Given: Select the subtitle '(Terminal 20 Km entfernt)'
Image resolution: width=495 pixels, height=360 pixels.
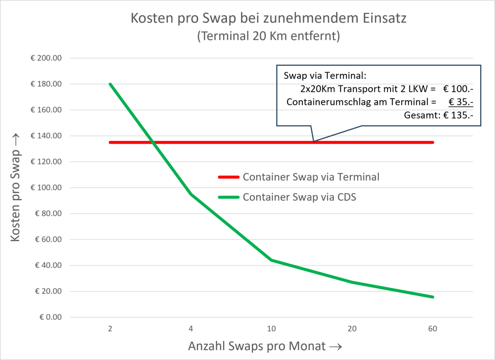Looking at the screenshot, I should [x=269, y=36].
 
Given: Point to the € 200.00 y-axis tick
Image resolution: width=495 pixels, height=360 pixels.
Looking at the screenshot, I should [x=46, y=58].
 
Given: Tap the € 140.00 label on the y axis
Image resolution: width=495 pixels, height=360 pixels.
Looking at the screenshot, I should [x=46, y=136].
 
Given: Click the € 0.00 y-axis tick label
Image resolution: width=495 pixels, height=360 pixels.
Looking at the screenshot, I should [x=49, y=317].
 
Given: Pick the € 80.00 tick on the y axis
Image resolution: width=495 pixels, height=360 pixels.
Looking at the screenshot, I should [x=47, y=213].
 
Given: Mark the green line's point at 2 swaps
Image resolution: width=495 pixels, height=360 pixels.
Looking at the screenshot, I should [x=110, y=84].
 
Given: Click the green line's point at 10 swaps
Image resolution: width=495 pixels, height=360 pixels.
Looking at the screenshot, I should [x=271, y=260].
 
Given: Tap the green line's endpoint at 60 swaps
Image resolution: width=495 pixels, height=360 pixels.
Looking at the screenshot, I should [x=433, y=297].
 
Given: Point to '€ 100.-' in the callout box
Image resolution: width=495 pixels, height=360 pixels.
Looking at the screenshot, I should [x=457, y=88].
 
